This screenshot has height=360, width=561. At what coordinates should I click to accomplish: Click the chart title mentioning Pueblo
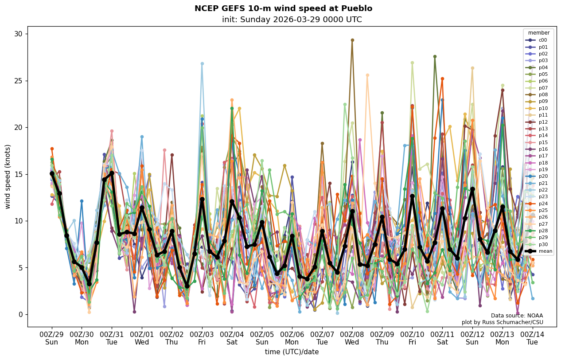point(283,8)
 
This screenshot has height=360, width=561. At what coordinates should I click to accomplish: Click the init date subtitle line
point(292,20)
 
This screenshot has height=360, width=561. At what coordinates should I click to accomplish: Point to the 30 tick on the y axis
point(19,34)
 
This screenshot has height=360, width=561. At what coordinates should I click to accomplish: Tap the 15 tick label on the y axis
point(19,174)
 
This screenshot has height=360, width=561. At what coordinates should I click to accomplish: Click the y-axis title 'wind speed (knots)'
point(8,176)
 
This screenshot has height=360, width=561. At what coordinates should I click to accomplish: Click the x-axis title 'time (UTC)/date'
point(292,352)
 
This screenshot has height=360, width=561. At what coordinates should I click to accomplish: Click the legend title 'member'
point(539,33)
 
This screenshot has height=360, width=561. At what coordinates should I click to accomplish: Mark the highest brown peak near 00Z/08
point(352,40)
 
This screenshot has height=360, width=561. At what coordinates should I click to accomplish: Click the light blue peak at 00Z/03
point(202,64)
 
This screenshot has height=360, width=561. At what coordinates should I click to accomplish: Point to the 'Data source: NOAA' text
point(517,316)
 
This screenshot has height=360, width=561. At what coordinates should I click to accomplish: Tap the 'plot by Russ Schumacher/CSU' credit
point(502,322)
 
